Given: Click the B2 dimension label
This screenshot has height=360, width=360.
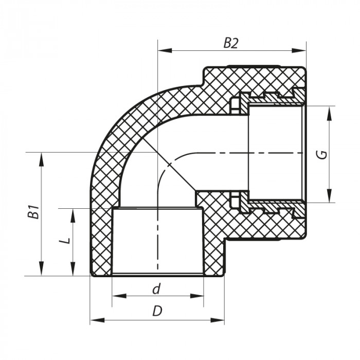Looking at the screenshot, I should tap(231, 43).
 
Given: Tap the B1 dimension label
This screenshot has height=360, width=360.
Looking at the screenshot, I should tap(33, 212).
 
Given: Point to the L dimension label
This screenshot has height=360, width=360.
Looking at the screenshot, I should tap(65, 241).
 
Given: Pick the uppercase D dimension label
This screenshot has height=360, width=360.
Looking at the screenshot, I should tap(157, 311).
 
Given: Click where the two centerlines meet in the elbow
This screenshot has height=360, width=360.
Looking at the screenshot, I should tap(157, 153).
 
